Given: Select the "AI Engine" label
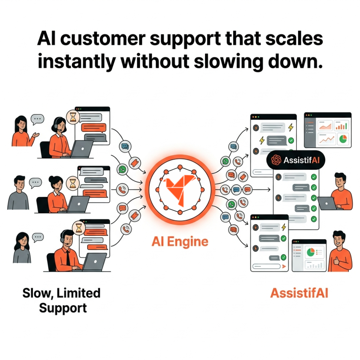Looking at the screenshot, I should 180,242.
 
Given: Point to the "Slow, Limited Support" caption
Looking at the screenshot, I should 62,300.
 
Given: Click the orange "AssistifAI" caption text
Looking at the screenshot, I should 299,293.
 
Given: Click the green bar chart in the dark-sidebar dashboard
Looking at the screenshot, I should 341,126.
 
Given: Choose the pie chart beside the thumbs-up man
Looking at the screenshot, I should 310,252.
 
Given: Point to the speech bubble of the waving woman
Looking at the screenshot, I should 38,119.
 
